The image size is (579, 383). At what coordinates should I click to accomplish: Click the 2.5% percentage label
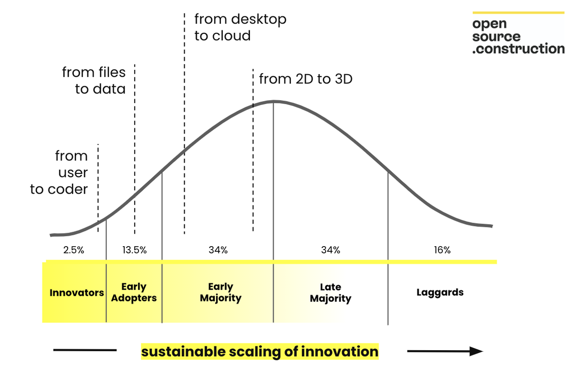[x=74, y=250]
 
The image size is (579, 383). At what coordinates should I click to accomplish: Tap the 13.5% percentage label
[x=135, y=250]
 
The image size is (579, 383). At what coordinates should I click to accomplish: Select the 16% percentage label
[x=442, y=250]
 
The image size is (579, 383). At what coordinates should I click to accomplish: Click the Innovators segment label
[x=77, y=293]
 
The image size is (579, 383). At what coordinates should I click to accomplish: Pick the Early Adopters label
[x=134, y=292]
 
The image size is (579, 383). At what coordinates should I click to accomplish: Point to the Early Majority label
[x=221, y=292]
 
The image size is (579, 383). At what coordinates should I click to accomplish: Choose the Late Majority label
[x=331, y=293]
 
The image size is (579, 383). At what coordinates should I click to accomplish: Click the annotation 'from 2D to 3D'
[x=306, y=79]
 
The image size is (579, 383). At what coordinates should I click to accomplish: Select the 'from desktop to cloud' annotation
[x=240, y=27]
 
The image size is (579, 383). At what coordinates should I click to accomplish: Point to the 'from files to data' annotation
[x=94, y=80]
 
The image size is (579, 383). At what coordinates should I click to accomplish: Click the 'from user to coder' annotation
[x=59, y=172]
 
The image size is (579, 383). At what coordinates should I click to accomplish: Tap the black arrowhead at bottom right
[x=476, y=351]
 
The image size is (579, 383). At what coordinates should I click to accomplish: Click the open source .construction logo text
[x=518, y=37]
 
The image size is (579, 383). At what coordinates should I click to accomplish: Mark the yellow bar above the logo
[x=518, y=13]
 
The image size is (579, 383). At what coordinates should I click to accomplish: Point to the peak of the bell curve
[x=274, y=102]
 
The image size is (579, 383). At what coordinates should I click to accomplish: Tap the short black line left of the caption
[x=85, y=350]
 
